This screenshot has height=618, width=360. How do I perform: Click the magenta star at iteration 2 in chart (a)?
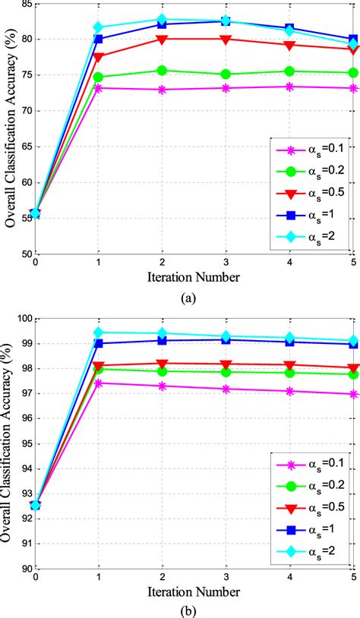[163, 90]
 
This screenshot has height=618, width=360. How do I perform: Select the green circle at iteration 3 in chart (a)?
[226, 74]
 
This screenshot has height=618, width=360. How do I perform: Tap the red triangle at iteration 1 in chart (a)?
[99, 56]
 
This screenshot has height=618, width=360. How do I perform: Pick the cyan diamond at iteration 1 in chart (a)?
[99, 27]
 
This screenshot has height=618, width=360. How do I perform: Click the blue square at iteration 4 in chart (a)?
[289, 28]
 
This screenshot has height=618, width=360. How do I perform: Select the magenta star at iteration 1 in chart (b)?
[99, 383]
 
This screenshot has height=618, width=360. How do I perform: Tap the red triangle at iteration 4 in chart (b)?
[289, 365]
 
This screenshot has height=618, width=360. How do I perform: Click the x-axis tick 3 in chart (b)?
[226, 578]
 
